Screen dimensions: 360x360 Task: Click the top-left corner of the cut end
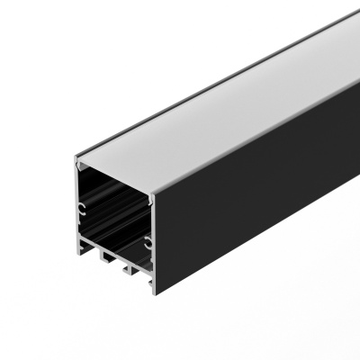(76, 159)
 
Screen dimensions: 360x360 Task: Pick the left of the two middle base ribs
(107, 261)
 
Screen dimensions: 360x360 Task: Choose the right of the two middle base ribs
(127, 270)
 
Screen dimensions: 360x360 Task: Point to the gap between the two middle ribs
(117, 264)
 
